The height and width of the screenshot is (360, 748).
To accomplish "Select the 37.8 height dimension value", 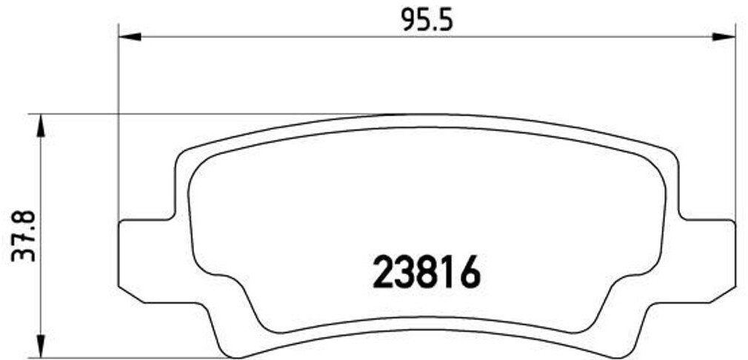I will coord(23,235).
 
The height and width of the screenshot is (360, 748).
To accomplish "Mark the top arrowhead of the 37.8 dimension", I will coord(41,126).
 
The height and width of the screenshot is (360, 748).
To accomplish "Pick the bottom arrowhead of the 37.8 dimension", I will coord(41,345).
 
